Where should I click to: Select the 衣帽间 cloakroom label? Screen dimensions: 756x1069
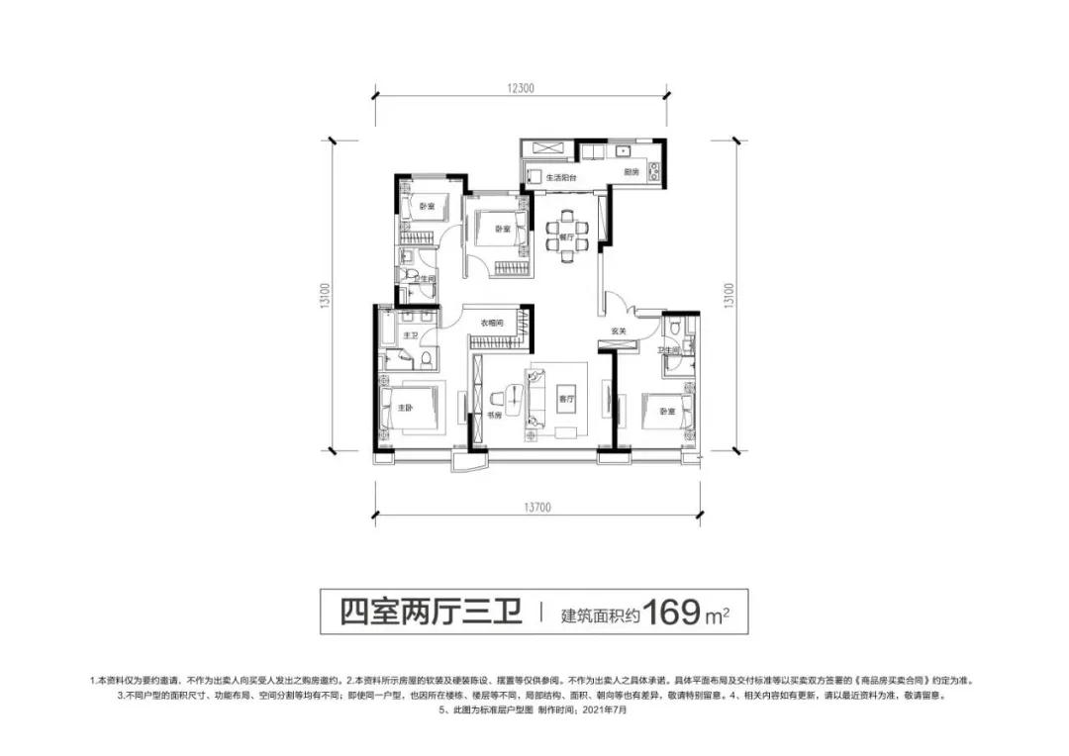(x=492, y=323)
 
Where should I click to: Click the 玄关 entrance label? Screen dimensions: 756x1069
(x=619, y=331)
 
